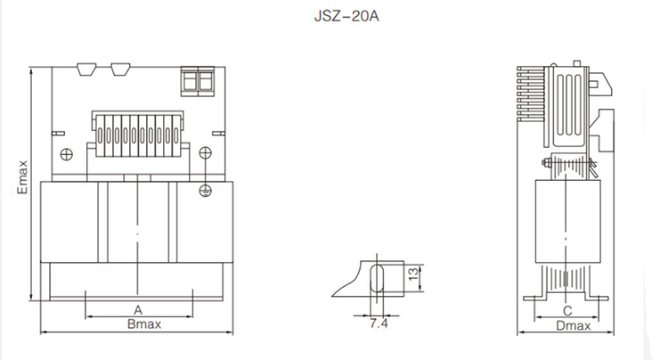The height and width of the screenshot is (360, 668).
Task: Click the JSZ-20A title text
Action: [346, 16]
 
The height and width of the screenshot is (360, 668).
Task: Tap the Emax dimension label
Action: [22, 177]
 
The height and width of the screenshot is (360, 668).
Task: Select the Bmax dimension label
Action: [144, 324]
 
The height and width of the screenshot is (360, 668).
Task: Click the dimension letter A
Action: [137, 310]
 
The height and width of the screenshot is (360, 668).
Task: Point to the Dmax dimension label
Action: [574, 326]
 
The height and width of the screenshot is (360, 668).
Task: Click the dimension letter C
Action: [567, 311]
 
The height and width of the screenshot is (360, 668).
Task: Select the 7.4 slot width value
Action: [379, 323]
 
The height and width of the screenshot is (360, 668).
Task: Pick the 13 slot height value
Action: [413, 274]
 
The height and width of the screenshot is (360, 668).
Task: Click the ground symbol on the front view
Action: [206, 192]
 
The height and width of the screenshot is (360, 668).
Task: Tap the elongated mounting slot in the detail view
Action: [377, 278]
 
